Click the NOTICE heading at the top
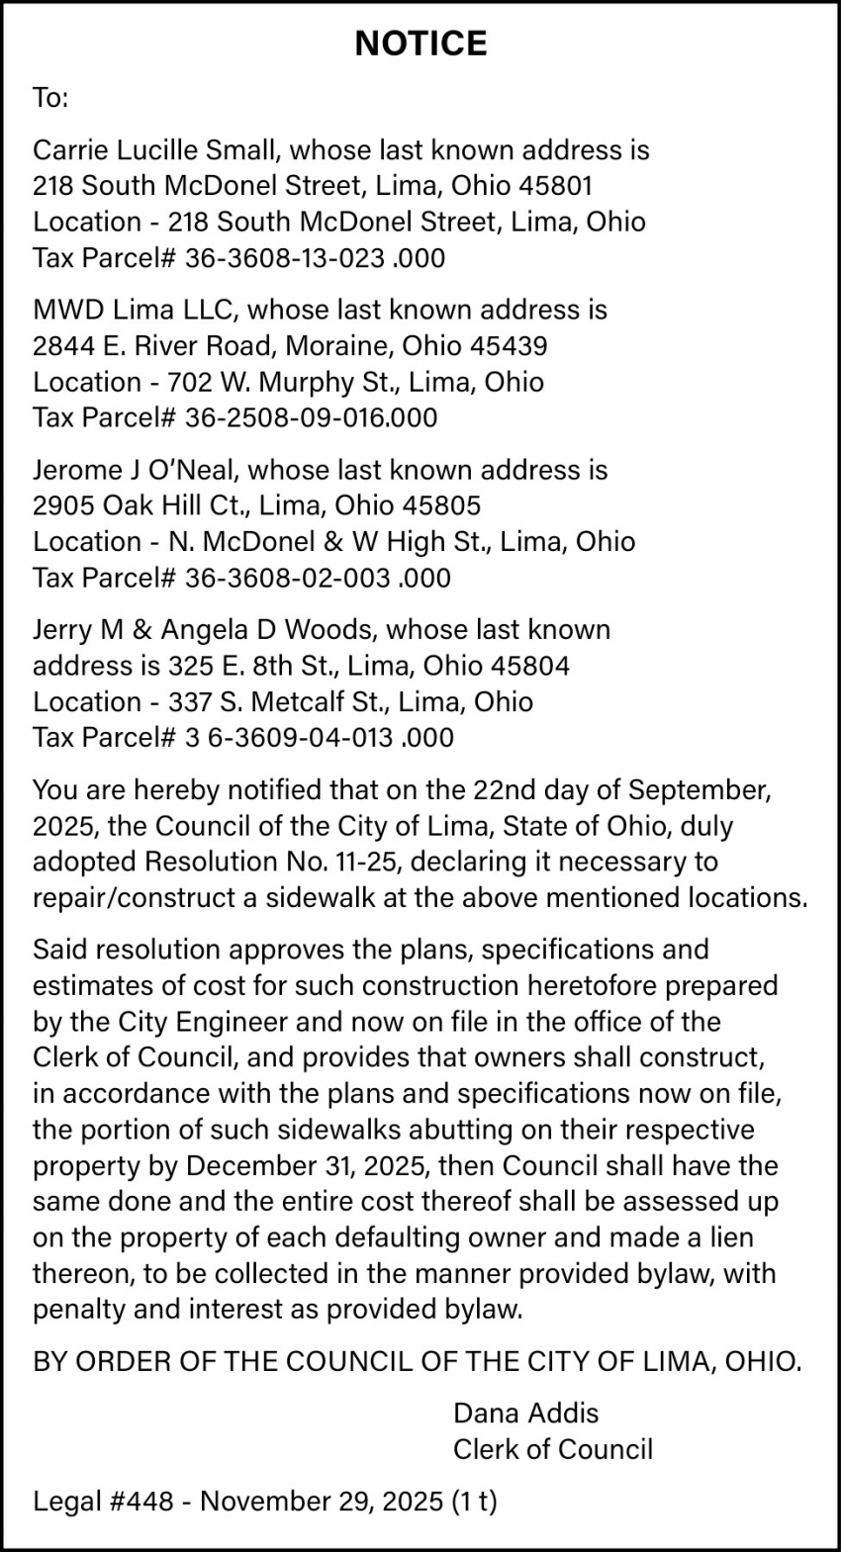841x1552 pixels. click(420, 44)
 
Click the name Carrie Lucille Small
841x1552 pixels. click(158, 150)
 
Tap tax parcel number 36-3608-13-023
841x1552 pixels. click(285, 258)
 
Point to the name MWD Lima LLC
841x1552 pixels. click(135, 310)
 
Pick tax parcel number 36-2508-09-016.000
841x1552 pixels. click(311, 417)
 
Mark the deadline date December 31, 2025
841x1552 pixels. click(307, 1165)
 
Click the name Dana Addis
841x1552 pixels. click(525, 1413)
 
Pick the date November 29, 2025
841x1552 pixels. click(322, 1502)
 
